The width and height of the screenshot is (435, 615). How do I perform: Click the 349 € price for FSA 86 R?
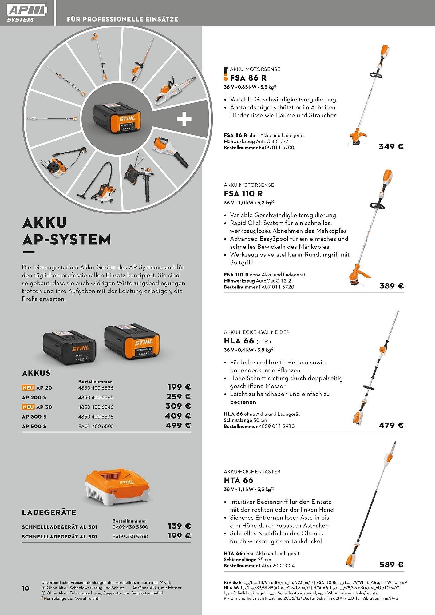click(391, 146)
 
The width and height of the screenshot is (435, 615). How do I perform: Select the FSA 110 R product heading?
click(243, 193)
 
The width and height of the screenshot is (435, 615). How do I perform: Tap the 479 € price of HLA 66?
click(391, 425)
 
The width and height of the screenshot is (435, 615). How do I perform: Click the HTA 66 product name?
click(239, 480)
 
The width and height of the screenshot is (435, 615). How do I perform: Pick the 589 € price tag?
click(391, 565)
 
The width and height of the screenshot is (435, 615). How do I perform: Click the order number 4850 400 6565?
click(96, 397)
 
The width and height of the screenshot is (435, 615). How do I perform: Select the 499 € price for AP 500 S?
click(178, 425)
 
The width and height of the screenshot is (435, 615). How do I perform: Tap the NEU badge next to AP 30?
click(28, 407)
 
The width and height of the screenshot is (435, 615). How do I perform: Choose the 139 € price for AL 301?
click(179, 526)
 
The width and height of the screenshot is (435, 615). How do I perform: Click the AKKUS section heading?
click(36, 373)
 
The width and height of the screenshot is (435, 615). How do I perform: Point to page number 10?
click(26, 588)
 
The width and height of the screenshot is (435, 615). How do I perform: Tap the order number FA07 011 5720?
click(276, 287)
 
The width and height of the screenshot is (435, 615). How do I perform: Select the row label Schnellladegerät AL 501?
click(59, 537)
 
